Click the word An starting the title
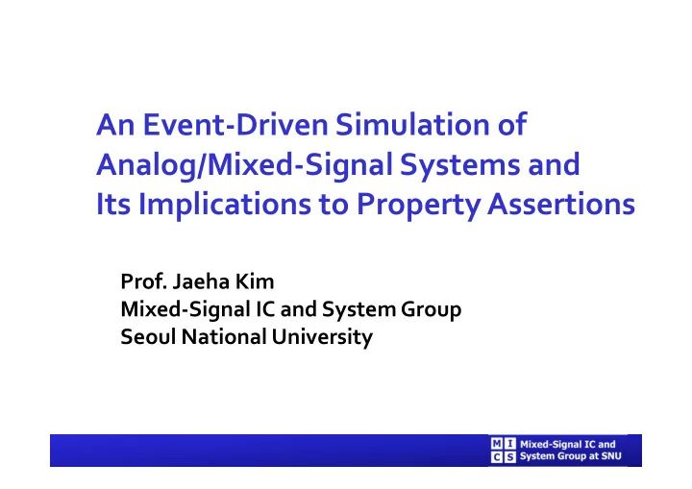pos(111,126)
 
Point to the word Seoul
pos(145,337)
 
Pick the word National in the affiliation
pos(211,337)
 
